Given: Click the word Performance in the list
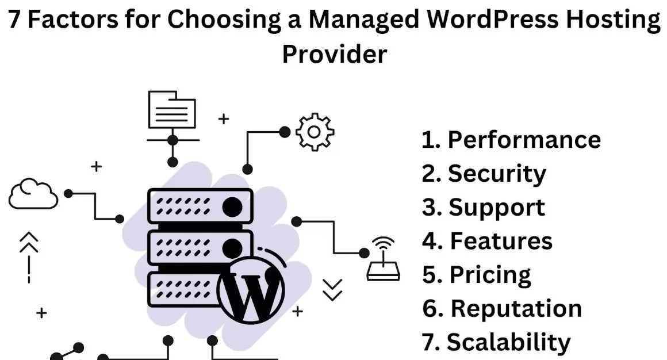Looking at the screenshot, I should click(x=524, y=140).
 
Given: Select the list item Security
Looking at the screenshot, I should click(x=497, y=174).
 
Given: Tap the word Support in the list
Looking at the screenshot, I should click(x=497, y=208).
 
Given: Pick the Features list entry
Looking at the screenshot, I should click(x=501, y=241).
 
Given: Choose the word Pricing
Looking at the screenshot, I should click(x=490, y=275).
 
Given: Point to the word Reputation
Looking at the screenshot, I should click(x=516, y=309).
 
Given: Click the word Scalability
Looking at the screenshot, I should click(x=508, y=342).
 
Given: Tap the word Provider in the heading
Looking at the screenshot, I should click(x=334, y=55).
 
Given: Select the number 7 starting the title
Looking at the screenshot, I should click(x=14, y=20).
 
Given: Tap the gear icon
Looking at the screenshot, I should click(x=315, y=132).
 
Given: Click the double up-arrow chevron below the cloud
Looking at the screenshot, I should click(x=29, y=243).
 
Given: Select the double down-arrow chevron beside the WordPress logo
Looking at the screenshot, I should click(x=332, y=289).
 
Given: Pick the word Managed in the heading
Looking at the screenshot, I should click(x=363, y=20).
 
